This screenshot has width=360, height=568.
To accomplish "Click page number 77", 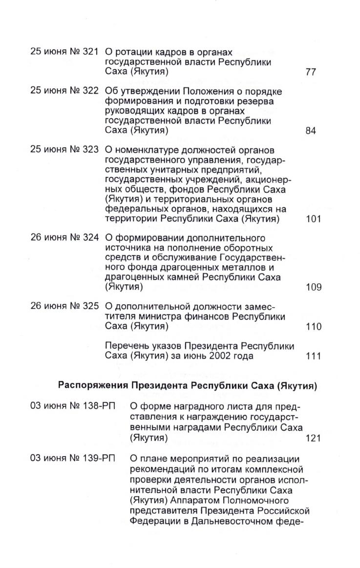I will click(x=311, y=73).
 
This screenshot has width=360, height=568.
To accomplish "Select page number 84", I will click(x=311, y=131).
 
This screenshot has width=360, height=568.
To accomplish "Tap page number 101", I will click(x=313, y=219).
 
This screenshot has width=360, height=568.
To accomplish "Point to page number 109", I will click(x=313, y=287).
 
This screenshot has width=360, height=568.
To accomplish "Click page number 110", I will click(x=313, y=326).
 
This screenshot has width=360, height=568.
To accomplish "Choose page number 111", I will click(x=313, y=356).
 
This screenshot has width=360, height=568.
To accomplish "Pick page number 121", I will click(x=313, y=438).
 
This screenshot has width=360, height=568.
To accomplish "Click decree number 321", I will click(x=91, y=52).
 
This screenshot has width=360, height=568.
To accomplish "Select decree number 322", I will click(x=91, y=91).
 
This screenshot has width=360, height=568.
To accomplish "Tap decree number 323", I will click(x=91, y=149).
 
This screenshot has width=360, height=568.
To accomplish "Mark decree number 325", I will click(x=91, y=306).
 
